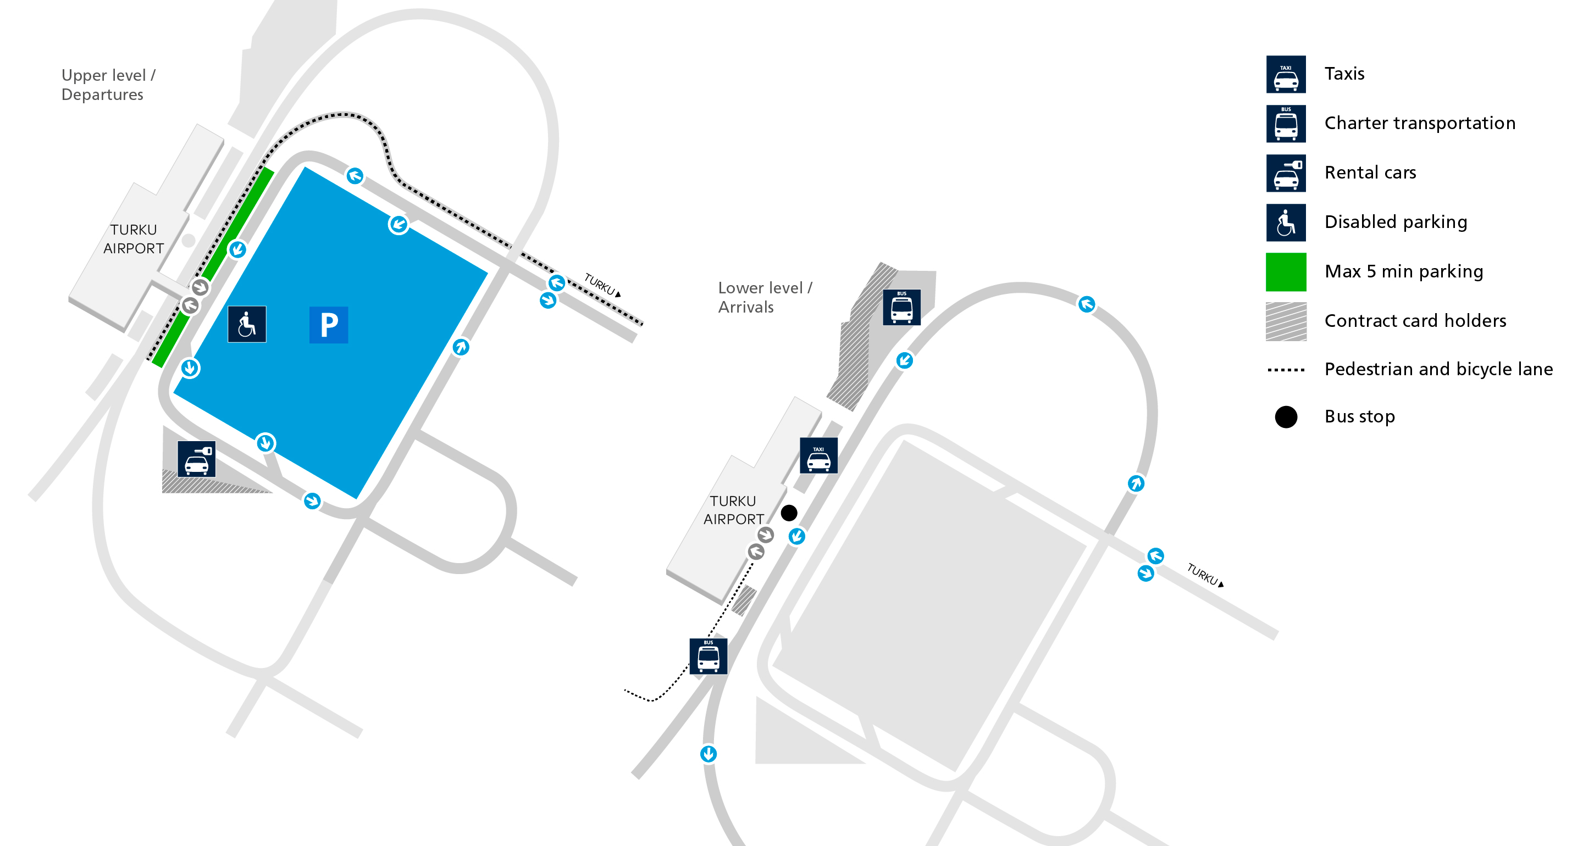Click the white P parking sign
tap(329, 325)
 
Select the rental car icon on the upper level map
tap(197, 459)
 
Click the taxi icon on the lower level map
tap(818, 455)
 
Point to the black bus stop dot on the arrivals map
tap(789, 513)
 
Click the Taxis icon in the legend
tap(1286, 74)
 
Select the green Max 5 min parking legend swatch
tap(1286, 271)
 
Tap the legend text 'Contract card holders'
tap(1415, 321)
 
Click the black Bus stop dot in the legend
tap(1286, 416)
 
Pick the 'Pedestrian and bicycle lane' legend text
tap(1438, 369)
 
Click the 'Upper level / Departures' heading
tap(109, 85)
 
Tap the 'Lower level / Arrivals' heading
tap(765, 297)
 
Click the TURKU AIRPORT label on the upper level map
tap(134, 239)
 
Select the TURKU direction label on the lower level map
tap(1205, 575)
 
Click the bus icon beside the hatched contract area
tap(901, 307)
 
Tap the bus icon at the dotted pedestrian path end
tap(709, 656)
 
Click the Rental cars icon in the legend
tap(1286, 173)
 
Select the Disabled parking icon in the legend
tap(1286, 222)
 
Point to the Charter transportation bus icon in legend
tap(1286, 124)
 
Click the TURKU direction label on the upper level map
tap(602, 285)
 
